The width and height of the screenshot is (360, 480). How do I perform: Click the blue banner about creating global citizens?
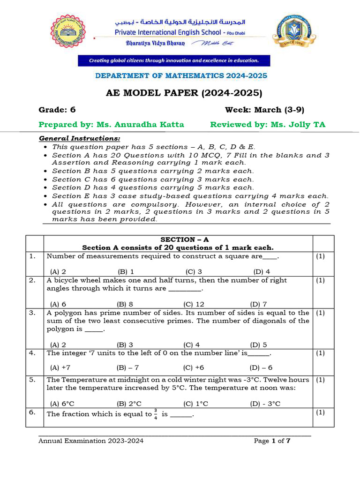174,60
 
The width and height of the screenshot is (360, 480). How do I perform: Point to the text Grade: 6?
57,110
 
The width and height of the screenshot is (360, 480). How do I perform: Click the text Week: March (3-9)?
264,110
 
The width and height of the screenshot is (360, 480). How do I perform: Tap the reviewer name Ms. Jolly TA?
296,124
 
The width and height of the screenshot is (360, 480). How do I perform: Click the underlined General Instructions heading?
79,139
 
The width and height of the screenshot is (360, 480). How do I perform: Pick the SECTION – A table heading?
178,240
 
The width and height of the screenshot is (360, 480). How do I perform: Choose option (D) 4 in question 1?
262,271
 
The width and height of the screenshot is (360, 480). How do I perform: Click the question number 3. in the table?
32,313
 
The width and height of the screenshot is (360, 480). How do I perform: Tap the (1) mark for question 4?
320,353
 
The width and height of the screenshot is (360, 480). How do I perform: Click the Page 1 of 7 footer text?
272,441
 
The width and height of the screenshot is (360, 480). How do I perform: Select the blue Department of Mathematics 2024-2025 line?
181,75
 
